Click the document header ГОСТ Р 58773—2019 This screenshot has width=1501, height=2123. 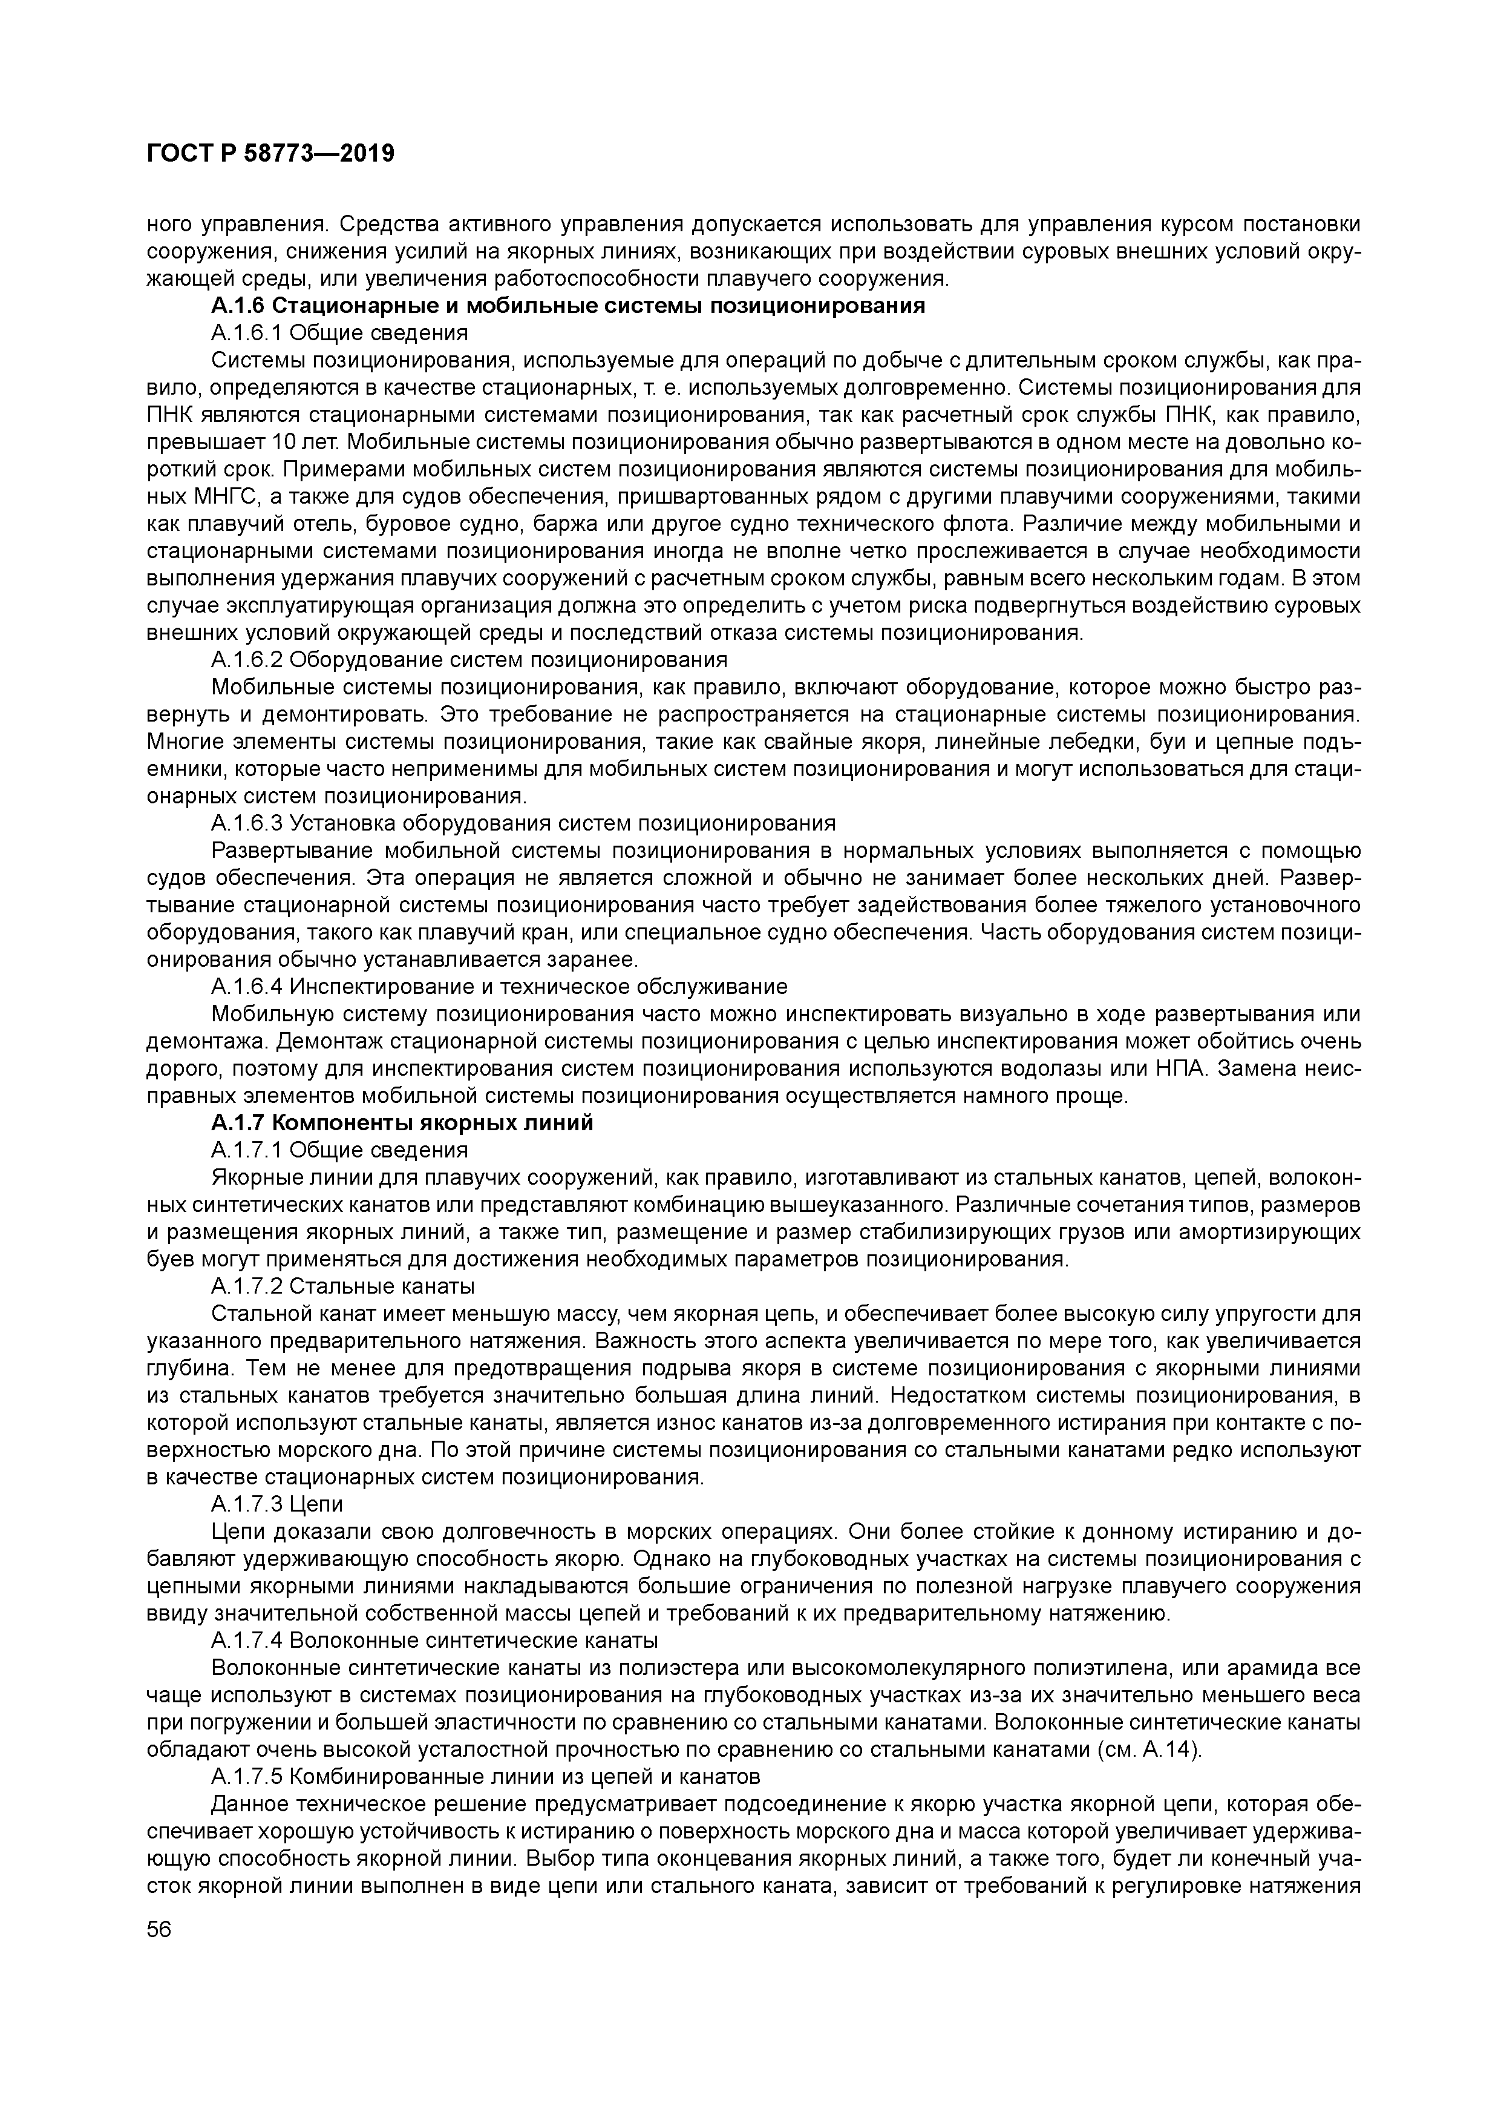(x=270, y=154)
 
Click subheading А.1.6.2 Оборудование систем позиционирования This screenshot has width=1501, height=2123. (x=469, y=659)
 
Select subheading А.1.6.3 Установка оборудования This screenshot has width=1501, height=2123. (x=522, y=823)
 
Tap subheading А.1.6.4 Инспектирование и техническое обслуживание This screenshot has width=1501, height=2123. (x=499, y=987)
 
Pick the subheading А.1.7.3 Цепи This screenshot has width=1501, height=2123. (x=276, y=1504)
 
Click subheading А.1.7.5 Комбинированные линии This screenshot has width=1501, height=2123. (x=485, y=1776)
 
